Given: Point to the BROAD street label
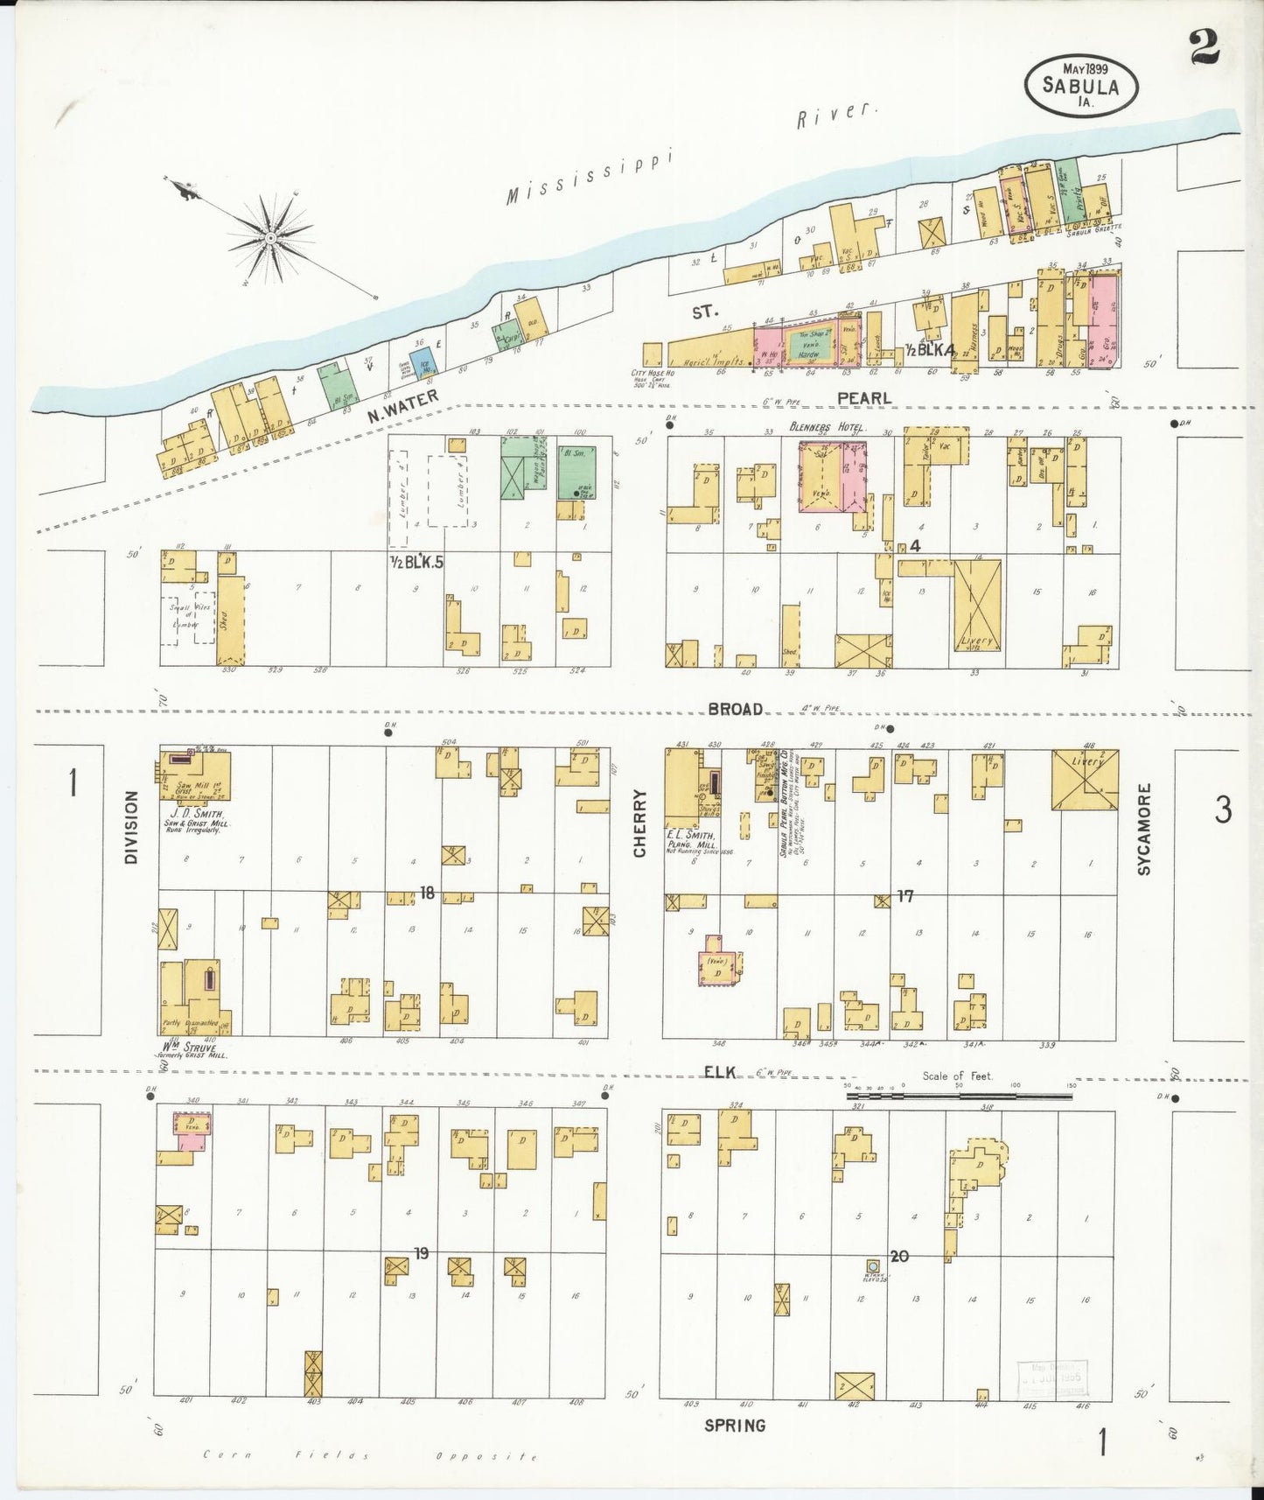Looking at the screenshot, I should (x=735, y=709).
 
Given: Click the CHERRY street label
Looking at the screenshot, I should (x=639, y=823).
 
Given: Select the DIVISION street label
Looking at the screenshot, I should (x=132, y=827).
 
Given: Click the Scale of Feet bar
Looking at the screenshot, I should (x=958, y=1093).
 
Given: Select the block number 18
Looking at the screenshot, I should (x=427, y=893).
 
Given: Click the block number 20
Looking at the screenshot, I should (x=899, y=1256).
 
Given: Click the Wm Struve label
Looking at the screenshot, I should (x=187, y=1047).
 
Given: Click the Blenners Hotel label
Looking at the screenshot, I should (x=828, y=427).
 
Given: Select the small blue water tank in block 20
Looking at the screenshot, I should (x=871, y=1265).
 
